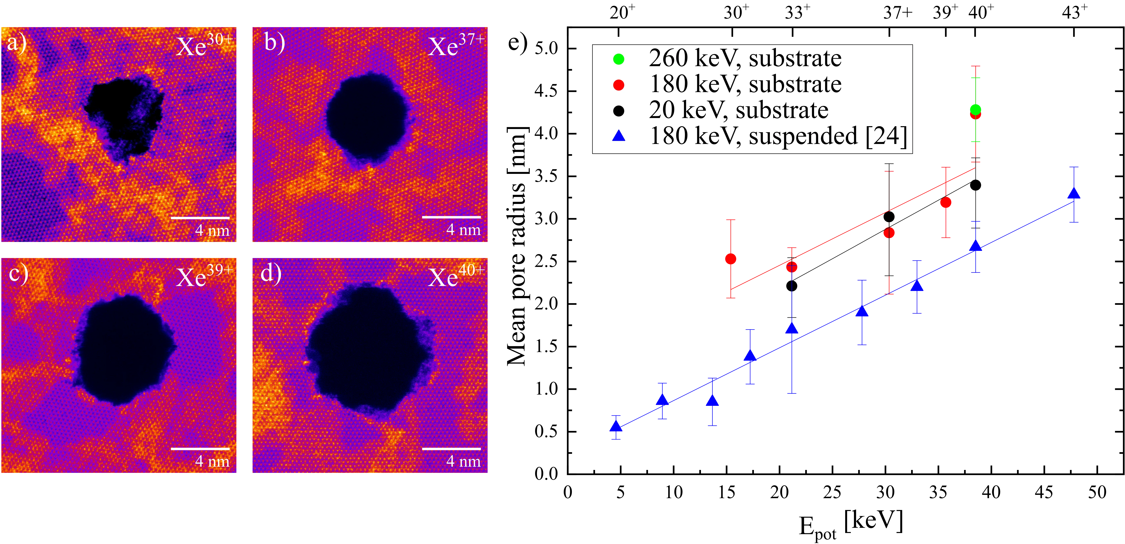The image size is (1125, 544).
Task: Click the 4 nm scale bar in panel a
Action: tap(200, 217)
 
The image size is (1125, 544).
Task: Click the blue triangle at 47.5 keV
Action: tap(1074, 193)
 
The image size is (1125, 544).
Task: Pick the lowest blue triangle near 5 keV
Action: tap(616, 427)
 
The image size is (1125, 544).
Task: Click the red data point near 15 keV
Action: tap(730, 259)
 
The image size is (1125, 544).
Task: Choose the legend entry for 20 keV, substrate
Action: tap(738, 110)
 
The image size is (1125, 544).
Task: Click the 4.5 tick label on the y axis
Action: tap(546, 92)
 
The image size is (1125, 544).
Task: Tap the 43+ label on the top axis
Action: tap(1074, 13)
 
